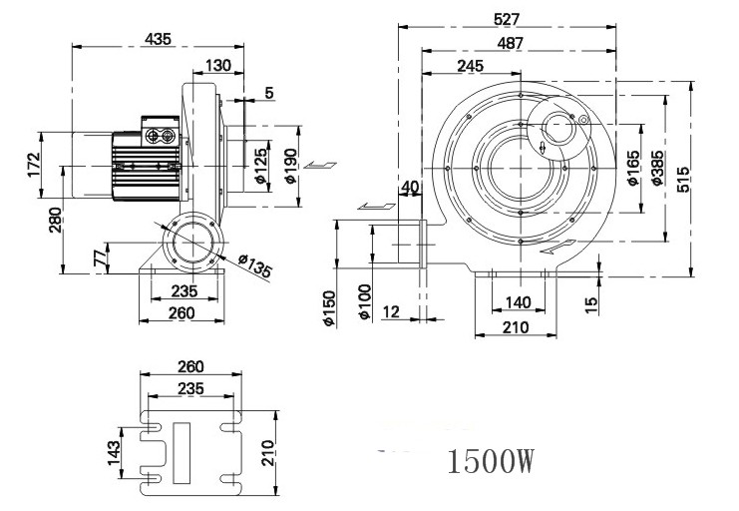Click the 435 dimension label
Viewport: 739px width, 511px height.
[158, 39]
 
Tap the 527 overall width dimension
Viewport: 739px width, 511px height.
[507, 19]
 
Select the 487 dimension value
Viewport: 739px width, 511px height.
[510, 43]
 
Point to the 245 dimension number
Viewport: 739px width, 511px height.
[470, 66]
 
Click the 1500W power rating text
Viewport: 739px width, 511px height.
[491, 461]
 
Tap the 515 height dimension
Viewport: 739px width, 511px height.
[683, 179]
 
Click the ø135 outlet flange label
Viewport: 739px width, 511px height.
[255, 265]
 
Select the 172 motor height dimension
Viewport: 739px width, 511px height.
[34, 165]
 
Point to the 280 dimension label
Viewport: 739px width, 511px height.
[55, 220]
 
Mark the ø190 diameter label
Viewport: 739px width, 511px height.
[290, 166]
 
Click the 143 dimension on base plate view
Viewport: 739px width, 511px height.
[114, 453]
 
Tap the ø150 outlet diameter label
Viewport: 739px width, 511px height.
[328, 308]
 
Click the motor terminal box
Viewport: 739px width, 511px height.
[161, 131]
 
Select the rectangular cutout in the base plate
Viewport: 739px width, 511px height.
[182, 453]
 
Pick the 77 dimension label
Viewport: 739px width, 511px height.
[100, 258]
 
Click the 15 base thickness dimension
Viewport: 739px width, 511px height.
[591, 305]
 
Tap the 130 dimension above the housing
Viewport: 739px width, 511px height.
[218, 65]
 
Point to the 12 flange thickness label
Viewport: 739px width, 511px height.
[391, 311]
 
